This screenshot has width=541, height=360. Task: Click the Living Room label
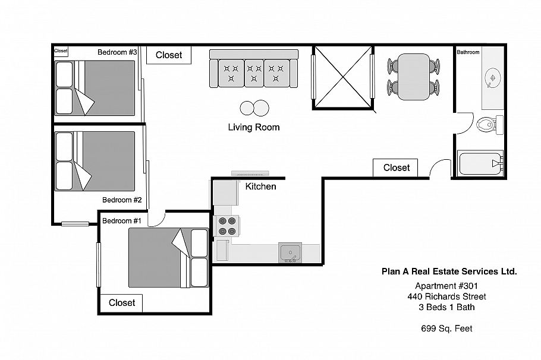point(253,127)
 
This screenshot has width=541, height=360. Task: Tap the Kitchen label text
point(260,187)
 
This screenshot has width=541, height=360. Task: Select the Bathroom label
point(468,52)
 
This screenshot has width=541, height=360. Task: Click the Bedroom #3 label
point(117,52)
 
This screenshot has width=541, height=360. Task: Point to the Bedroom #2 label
point(121,200)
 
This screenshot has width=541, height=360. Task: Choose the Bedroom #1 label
point(121,220)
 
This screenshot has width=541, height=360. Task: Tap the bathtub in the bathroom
point(481,163)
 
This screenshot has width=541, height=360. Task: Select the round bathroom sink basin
point(492,78)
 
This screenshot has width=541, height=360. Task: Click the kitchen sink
point(290,252)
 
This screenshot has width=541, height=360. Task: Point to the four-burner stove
point(227,226)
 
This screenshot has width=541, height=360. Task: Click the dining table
point(413,76)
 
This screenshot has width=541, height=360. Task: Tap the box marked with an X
point(342,77)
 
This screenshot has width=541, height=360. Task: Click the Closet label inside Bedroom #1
point(122,302)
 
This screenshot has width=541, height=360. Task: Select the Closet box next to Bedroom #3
point(169,55)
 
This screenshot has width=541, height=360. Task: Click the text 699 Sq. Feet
point(446,328)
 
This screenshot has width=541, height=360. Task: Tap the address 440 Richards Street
point(446,296)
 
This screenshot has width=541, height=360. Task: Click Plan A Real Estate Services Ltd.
point(448,271)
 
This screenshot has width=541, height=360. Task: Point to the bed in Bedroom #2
point(95,160)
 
